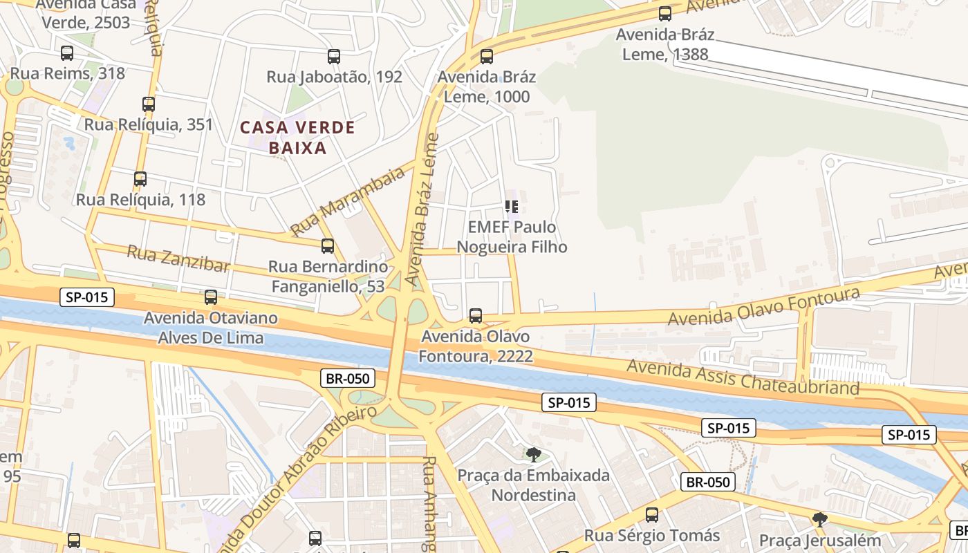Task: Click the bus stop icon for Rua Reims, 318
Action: (x=67, y=53)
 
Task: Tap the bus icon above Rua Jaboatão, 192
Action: (x=334, y=57)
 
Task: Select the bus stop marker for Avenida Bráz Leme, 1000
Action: (x=487, y=57)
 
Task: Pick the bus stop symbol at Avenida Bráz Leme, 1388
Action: (x=665, y=14)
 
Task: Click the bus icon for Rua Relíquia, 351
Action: (x=149, y=104)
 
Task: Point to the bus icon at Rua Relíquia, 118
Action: (x=140, y=179)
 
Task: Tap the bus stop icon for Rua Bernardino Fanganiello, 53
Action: (x=328, y=245)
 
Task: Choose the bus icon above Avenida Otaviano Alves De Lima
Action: (x=211, y=297)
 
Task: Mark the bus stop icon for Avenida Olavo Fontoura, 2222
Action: (x=476, y=316)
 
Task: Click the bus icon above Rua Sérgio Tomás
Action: (x=652, y=515)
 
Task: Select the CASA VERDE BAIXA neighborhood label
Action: (x=297, y=138)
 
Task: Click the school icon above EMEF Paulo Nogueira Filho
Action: (x=512, y=206)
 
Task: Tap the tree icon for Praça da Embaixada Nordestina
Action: (x=533, y=454)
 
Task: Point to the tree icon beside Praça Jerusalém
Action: (x=820, y=519)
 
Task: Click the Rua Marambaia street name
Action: (x=348, y=201)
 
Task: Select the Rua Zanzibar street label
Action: (x=178, y=259)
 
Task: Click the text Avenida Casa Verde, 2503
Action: (x=86, y=14)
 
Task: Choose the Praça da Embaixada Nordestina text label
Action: (x=533, y=485)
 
